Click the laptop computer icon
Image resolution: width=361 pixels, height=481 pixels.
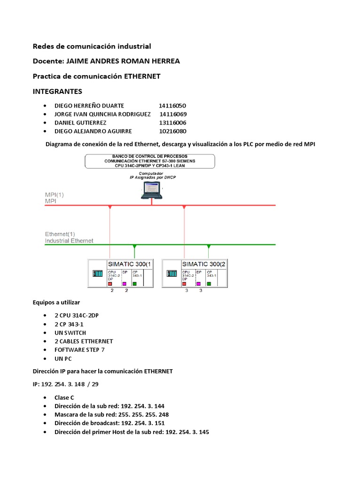pyautogui.click(x=152, y=191)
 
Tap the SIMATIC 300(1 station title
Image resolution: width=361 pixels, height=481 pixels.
pyautogui.click(x=129, y=264)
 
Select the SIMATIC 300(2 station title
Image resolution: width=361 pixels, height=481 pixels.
pyautogui.click(x=204, y=264)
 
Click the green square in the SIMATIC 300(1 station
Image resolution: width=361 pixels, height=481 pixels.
pyautogui.click(x=134, y=284)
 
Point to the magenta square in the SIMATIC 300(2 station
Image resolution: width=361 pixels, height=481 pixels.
pyautogui.click(x=198, y=284)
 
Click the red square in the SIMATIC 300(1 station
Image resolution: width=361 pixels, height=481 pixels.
pyautogui.click(x=110, y=284)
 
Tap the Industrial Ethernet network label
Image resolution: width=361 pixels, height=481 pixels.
pyautogui.click(x=69, y=241)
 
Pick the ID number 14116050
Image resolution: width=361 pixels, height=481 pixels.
pyautogui.click(x=173, y=106)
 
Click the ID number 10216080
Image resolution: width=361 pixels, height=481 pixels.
pyautogui.click(x=173, y=131)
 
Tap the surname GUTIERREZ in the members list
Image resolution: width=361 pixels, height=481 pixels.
pyautogui.click(x=93, y=123)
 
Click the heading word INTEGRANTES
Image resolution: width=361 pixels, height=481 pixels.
pyautogui.click(x=57, y=91)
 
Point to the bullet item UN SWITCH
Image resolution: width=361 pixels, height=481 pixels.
pyautogui.click(x=70, y=333)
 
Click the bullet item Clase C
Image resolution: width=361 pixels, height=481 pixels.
pyautogui.click(x=64, y=397)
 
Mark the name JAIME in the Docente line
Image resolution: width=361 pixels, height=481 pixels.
pyautogui.click(x=77, y=61)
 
